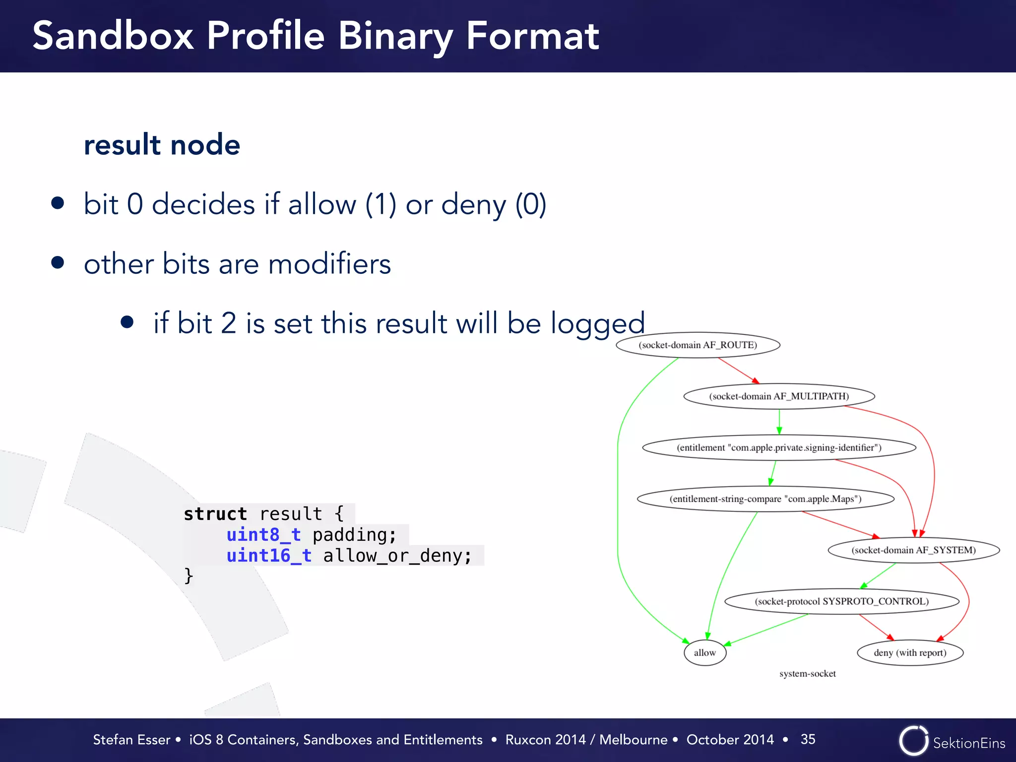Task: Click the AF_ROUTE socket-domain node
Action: (x=698, y=345)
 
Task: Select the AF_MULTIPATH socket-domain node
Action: (x=779, y=396)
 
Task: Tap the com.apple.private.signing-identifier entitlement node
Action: (x=779, y=447)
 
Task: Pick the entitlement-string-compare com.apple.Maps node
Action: (x=765, y=499)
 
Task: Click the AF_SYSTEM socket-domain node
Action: (x=913, y=550)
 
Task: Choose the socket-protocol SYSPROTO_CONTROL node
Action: (x=841, y=601)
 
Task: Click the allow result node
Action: (x=704, y=652)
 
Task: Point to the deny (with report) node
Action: (x=910, y=652)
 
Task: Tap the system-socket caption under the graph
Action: (x=807, y=674)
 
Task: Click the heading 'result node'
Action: (x=162, y=145)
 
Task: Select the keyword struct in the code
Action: (x=215, y=514)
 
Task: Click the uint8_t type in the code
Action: (x=263, y=535)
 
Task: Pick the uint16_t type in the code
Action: (x=269, y=556)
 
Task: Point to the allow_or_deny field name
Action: (x=397, y=556)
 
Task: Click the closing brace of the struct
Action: (x=189, y=576)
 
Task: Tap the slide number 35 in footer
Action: (x=808, y=739)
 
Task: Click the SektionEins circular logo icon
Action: (x=913, y=741)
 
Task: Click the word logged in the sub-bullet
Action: (x=597, y=323)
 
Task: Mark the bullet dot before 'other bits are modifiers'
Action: (x=58, y=262)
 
